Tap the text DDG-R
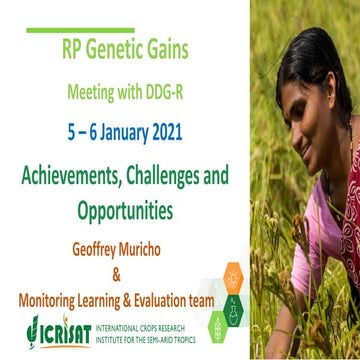pos(193,95)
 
